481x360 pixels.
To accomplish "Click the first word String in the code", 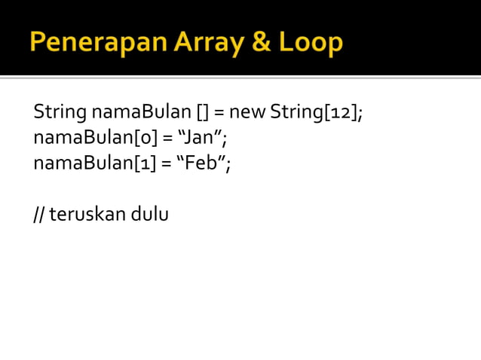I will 60,114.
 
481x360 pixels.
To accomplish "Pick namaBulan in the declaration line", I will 141,114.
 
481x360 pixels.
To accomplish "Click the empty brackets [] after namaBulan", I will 201,114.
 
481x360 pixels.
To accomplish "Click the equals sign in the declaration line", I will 219,114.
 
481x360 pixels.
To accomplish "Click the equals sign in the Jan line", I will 167,139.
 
